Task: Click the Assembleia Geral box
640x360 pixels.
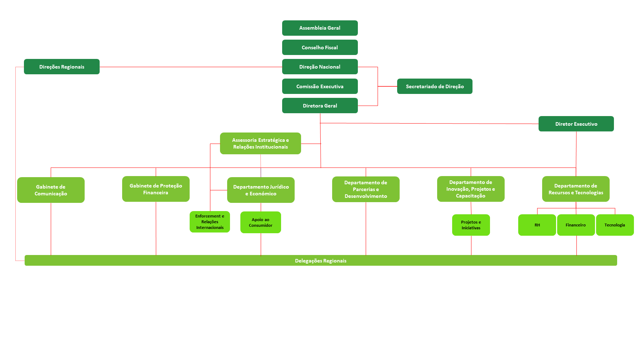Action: (320, 28)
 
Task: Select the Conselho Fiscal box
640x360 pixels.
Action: (320, 47)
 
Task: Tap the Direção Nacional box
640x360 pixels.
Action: (320, 67)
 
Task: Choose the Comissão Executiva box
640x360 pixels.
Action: (320, 86)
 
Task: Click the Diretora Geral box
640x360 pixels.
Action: (320, 106)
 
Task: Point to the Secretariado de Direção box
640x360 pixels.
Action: (435, 86)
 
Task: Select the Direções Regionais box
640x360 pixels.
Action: (62, 67)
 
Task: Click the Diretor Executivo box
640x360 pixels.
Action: (576, 124)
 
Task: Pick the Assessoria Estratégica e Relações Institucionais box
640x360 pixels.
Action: (260, 144)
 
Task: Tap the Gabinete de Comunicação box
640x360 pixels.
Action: (51, 190)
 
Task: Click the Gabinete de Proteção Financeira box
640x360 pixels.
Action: (156, 189)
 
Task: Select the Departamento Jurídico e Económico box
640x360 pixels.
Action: (261, 190)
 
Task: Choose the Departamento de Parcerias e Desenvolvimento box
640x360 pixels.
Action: (366, 189)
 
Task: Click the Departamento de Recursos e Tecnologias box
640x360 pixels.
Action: (576, 189)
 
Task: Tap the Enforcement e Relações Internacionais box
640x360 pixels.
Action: (210, 222)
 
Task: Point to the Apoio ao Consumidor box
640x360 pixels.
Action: (260, 222)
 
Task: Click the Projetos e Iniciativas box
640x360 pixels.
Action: (471, 225)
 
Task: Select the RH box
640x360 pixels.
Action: (537, 225)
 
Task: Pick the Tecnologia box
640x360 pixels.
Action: (615, 225)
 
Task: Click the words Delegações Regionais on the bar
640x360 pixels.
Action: (321, 261)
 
